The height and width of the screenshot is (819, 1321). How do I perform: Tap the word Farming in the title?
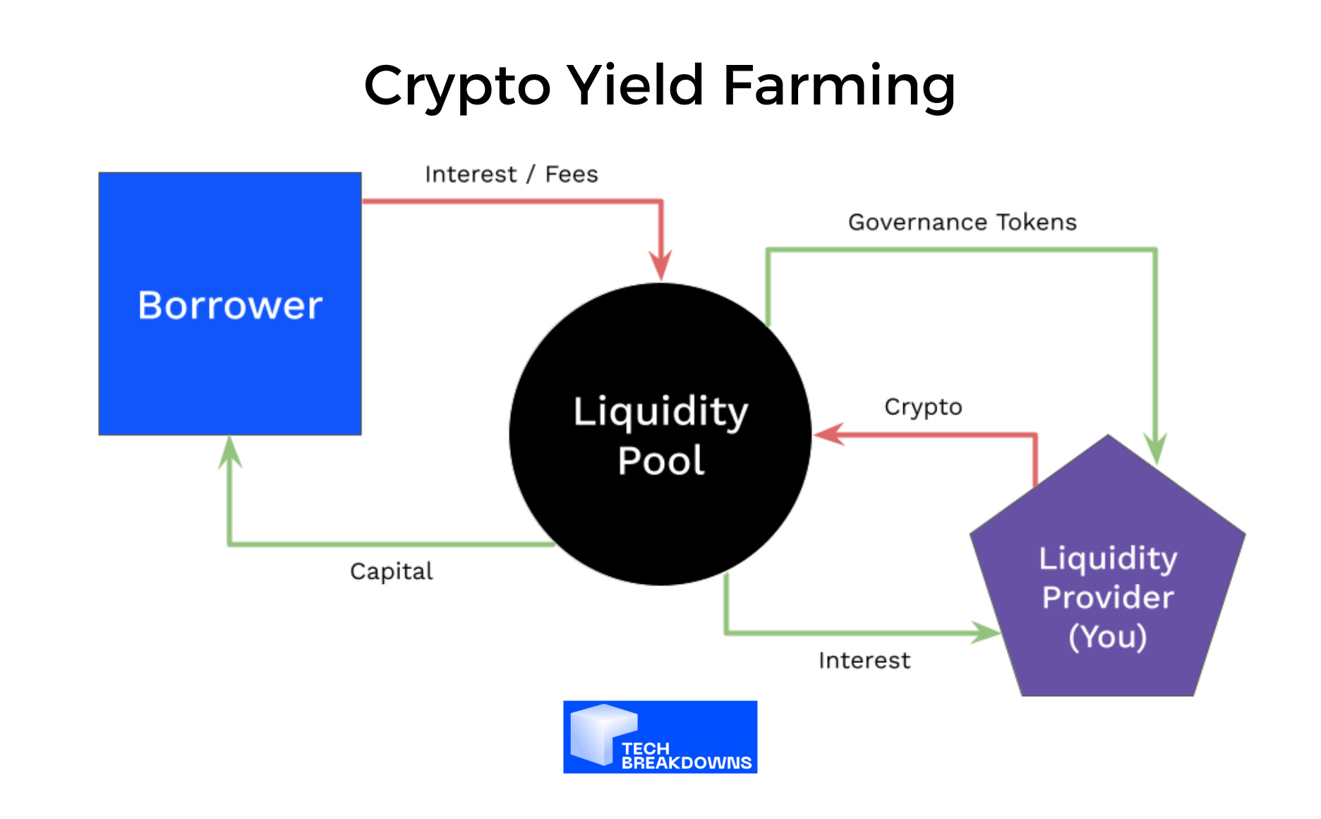[839, 86]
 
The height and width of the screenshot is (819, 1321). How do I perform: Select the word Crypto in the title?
[457, 86]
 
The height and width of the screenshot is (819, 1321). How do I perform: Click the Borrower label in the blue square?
[230, 306]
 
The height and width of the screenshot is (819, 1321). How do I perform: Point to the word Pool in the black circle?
[661, 461]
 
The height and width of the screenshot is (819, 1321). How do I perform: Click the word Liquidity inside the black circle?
[660, 412]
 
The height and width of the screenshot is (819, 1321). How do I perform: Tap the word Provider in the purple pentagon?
[1108, 597]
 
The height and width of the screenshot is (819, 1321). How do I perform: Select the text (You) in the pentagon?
[1108, 636]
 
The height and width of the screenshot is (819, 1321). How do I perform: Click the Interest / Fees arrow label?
[512, 174]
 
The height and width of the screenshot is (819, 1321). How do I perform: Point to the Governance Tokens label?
[963, 222]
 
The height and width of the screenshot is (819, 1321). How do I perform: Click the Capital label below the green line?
[392, 571]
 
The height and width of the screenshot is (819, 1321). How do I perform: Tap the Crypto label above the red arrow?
[923, 407]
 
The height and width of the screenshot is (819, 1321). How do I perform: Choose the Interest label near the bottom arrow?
[864, 661]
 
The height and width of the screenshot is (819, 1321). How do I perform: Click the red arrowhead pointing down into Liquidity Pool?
[661, 267]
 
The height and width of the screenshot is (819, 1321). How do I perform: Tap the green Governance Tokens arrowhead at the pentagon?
[1155, 449]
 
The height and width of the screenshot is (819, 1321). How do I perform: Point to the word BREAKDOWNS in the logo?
[686, 763]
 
